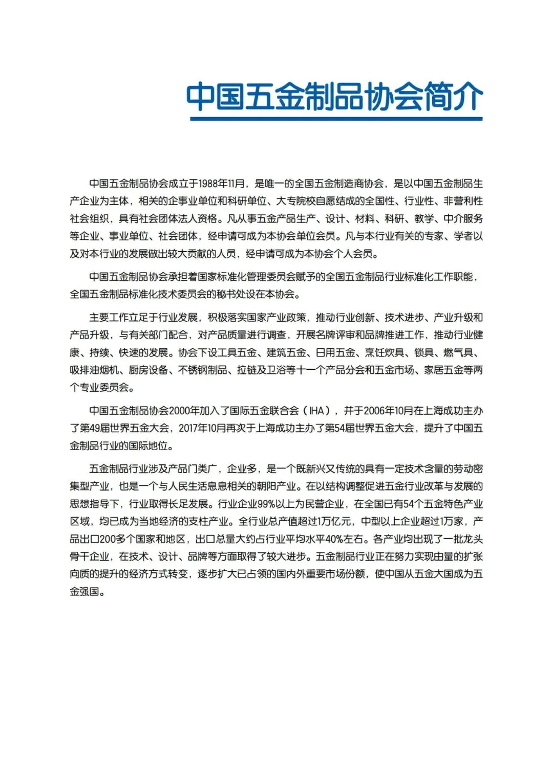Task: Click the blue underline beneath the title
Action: tap(336, 119)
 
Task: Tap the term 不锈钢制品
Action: tap(202, 370)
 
